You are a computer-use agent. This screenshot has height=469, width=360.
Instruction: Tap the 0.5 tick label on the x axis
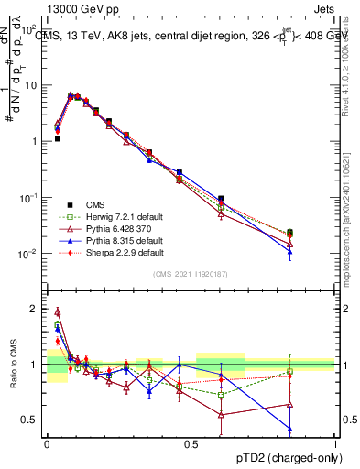coord(191,443)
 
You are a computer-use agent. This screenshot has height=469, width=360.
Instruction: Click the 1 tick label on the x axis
coord(335,443)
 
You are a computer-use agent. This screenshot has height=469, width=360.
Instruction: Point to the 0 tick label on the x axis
coord(47,443)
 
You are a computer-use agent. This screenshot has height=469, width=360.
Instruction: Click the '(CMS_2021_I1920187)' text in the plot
coord(191,274)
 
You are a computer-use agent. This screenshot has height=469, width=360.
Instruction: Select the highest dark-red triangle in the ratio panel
coord(57,311)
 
